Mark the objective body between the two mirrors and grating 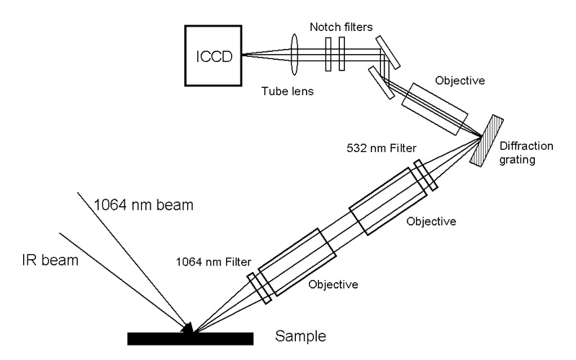tap(436, 109)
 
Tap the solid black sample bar tap(189, 338)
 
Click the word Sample tap(302, 336)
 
